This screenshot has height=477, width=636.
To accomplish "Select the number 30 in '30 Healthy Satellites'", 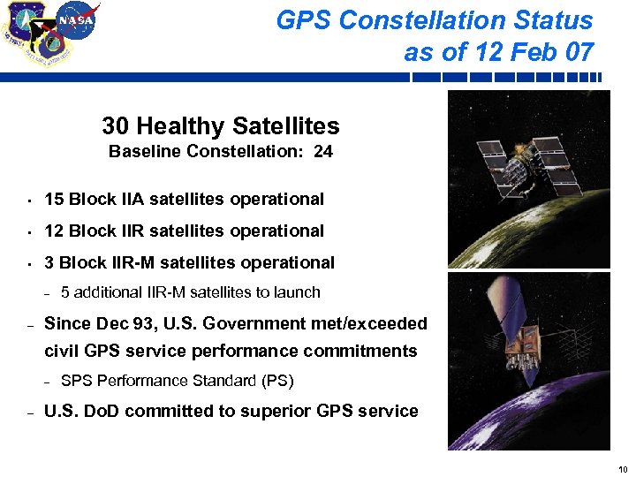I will (x=117, y=126).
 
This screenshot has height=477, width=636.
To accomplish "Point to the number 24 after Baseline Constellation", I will (x=322, y=151).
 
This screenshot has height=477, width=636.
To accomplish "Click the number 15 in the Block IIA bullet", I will (x=53, y=199).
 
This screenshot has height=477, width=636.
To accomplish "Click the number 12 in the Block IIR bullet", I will (x=53, y=231).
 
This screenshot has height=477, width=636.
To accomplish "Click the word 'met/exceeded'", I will (x=368, y=324).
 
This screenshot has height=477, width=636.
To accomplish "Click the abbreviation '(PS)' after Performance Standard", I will (x=276, y=382).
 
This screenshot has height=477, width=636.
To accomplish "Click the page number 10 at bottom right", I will (x=623, y=469).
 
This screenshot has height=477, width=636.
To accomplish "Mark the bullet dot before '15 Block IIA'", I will (x=28, y=200).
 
